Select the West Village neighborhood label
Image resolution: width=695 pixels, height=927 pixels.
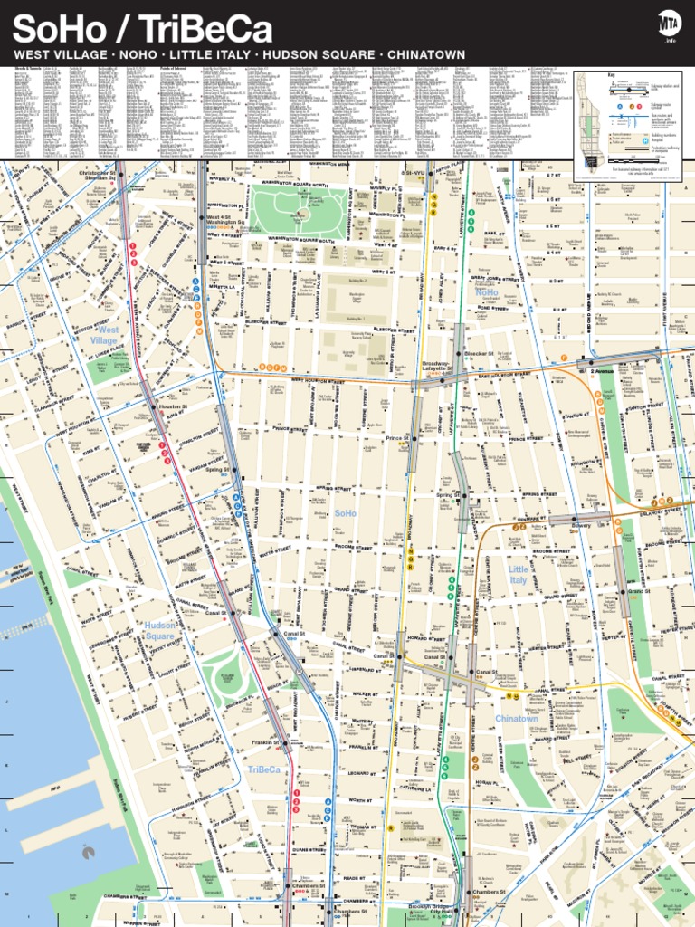coord(105,335)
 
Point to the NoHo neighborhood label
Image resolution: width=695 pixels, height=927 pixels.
coord(486,293)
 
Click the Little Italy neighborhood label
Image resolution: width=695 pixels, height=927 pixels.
coord(518,574)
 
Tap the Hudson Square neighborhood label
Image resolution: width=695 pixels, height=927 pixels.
coord(159,631)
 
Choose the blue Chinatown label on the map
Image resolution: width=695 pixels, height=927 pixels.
coord(516,719)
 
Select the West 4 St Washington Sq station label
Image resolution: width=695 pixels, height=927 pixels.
coord(225,220)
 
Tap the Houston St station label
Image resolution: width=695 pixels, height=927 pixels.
coord(170,408)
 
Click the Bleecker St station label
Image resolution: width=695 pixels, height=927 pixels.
coord(479,353)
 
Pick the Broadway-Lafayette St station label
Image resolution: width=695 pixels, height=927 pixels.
coord(435,367)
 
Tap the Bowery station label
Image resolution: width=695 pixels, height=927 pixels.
coord(581,525)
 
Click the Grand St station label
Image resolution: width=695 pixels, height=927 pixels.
coord(641,591)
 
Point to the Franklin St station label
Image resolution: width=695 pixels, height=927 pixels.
coord(265,742)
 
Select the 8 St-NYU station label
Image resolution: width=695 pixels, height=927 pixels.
coord(416,172)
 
